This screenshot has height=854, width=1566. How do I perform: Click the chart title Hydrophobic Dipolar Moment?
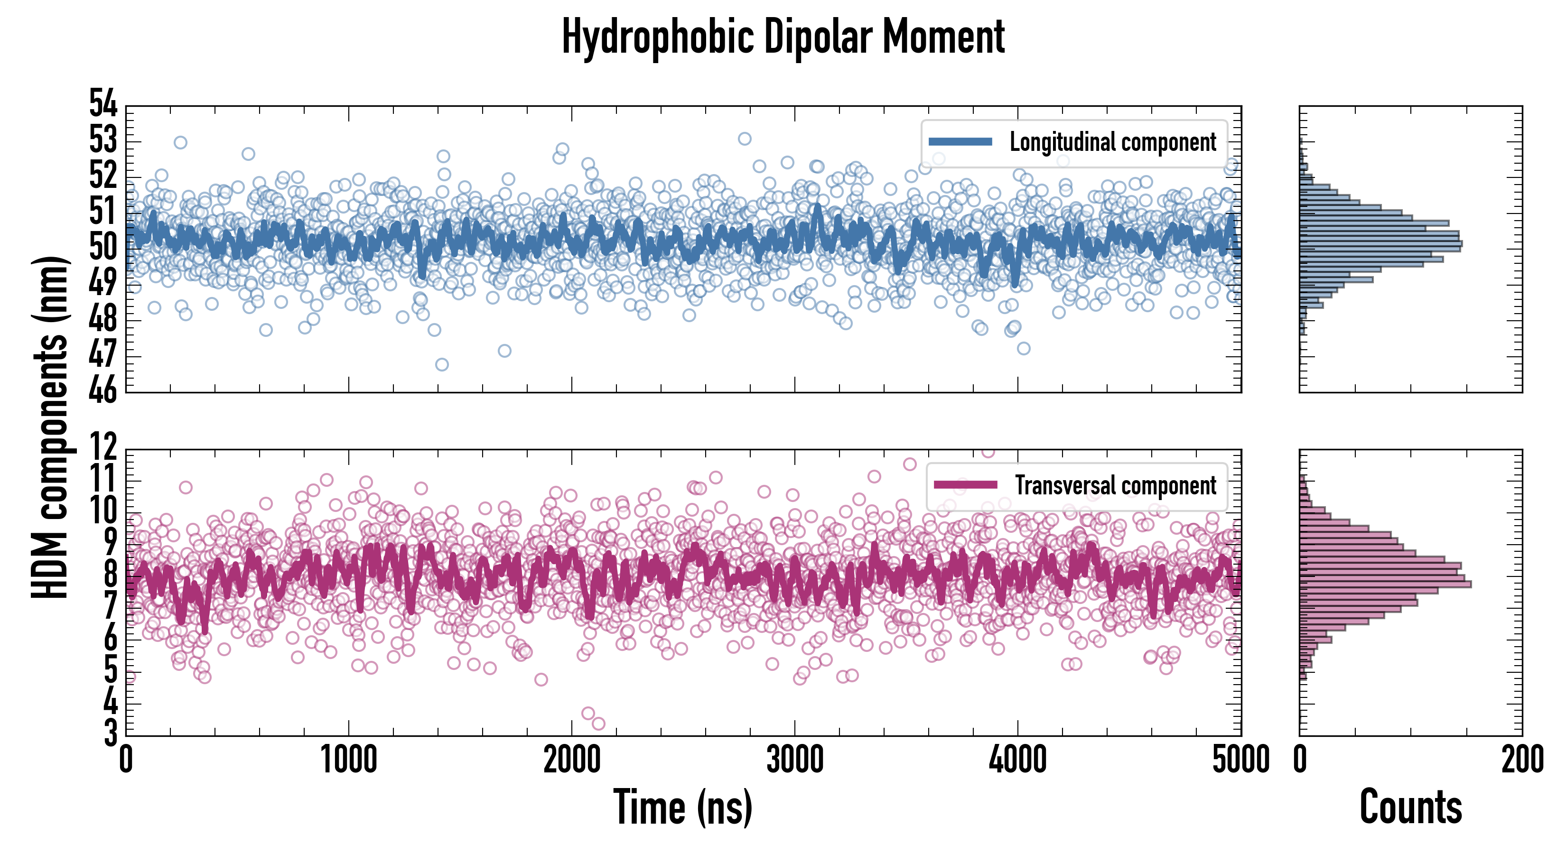(x=783, y=37)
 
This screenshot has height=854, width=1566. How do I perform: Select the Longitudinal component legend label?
(x=1112, y=142)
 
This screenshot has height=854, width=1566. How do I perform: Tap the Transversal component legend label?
(x=1116, y=486)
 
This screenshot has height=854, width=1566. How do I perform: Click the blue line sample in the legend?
(x=960, y=142)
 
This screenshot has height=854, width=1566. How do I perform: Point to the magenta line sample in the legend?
(x=965, y=485)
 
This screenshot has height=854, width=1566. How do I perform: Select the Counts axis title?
(x=1410, y=807)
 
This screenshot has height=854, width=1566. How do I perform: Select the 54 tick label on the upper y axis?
(x=103, y=103)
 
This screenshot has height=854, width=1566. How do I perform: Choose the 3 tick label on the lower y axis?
(x=110, y=733)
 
